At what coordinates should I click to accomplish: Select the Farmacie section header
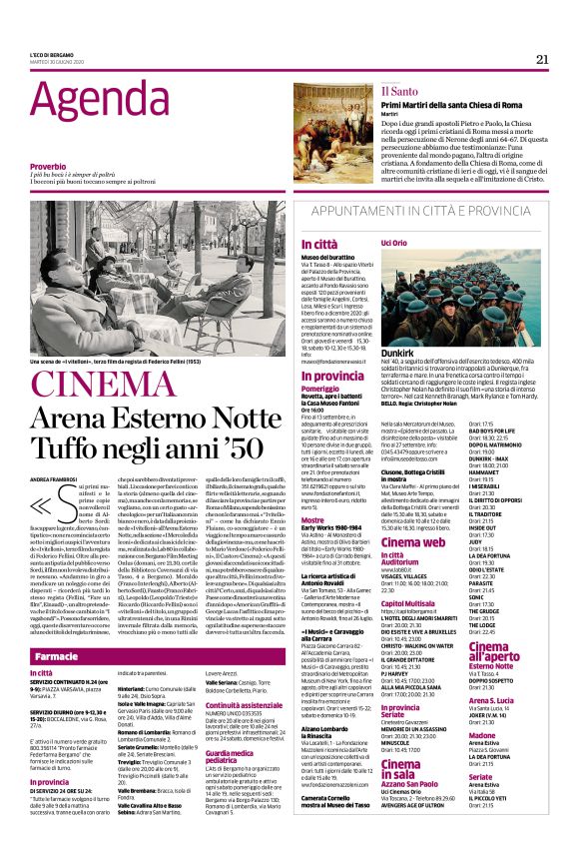(56, 629)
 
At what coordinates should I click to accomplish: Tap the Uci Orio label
(393, 244)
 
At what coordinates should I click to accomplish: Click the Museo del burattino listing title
(356, 257)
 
